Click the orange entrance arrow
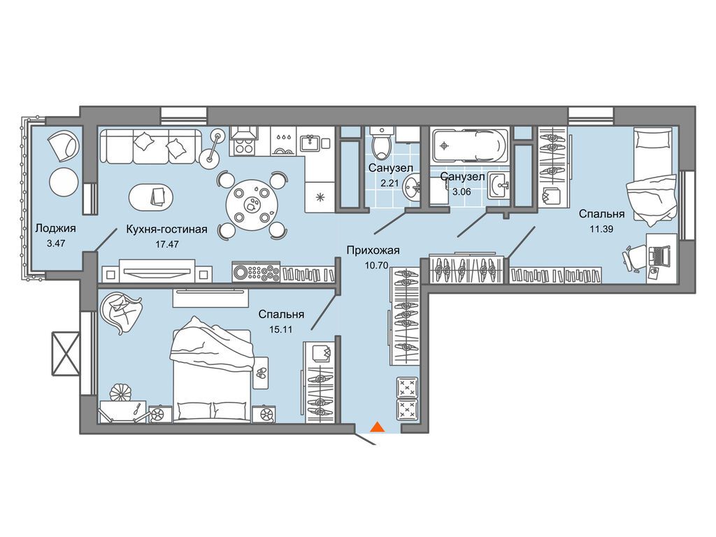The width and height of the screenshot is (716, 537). [377, 427]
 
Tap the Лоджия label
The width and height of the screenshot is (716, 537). [55, 229]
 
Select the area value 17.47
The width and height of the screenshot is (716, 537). [166, 244]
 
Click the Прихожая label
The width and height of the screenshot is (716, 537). [373, 250]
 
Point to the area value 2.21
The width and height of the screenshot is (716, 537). [389, 183]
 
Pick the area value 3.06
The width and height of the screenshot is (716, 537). [461, 192]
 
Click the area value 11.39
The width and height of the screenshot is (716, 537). [601, 229]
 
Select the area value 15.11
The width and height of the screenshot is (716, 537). [280, 329]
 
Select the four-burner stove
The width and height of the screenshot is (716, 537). [244, 147]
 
